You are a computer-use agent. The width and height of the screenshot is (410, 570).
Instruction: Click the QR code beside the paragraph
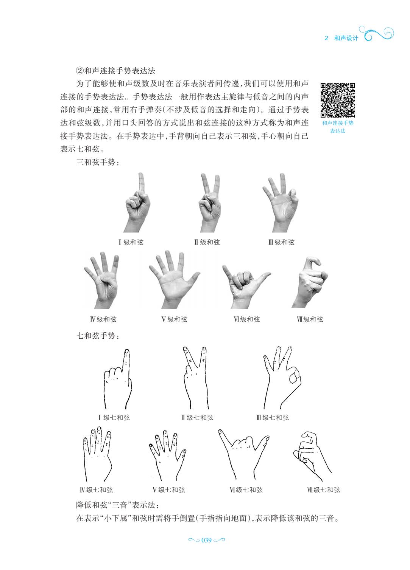coord(338,100)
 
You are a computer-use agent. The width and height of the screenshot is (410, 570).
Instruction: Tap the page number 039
coord(206,540)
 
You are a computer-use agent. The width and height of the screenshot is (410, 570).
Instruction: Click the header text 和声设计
coord(346,38)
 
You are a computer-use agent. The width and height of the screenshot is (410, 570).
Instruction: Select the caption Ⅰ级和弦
coord(131,242)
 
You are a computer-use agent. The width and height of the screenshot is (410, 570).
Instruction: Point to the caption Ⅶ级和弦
coord(310,319)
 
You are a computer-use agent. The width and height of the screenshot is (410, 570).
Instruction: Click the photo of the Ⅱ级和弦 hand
coord(209,203)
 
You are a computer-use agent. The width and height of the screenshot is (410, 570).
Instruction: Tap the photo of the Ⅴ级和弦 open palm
coord(174,279)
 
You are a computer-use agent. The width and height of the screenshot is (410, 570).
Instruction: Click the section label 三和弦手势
coord(98,162)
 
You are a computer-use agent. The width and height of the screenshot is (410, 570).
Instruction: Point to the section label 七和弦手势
coord(98,336)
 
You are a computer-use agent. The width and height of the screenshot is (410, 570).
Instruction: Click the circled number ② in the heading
coord(80,70)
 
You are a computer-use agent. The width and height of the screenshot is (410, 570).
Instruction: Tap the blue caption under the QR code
coord(338,127)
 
